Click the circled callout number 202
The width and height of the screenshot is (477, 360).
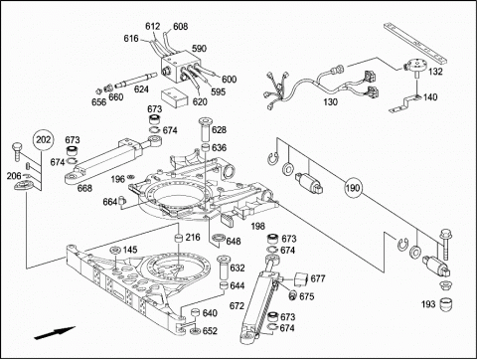(44, 140)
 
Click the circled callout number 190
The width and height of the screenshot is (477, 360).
(353, 188)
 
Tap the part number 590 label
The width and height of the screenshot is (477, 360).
(199, 49)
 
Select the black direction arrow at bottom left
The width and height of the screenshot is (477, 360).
(55, 333)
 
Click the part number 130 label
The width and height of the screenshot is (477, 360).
(330, 101)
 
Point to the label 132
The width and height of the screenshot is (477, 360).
(435, 72)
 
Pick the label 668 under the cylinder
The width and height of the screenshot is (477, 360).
(84, 188)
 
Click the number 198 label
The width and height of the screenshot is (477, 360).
(257, 226)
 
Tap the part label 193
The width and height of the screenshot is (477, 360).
(428, 304)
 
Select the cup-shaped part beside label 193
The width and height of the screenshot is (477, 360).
(446, 304)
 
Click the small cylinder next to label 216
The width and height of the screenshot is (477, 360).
(179, 239)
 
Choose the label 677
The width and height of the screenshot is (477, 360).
(318, 279)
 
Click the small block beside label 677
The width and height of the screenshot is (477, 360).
(301, 278)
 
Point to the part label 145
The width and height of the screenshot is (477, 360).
(130, 250)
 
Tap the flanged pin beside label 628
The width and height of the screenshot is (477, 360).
(204, 129)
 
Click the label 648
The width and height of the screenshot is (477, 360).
(234, 242)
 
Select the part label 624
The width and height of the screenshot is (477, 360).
(141, 90)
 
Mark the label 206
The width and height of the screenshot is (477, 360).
(14, 176)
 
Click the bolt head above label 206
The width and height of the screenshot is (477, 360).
(17, 146)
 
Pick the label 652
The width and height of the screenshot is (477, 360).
(210, 331)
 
